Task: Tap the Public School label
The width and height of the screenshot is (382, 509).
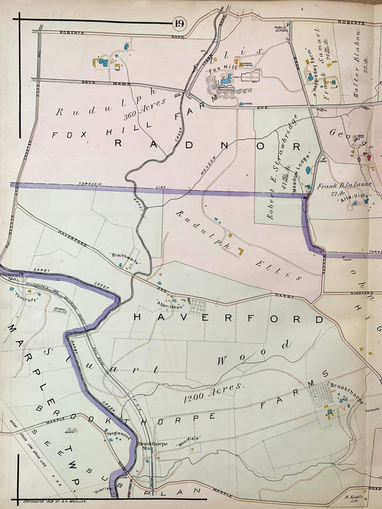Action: (x=281, y=30)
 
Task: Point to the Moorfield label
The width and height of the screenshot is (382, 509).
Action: (x=189, y=438)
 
